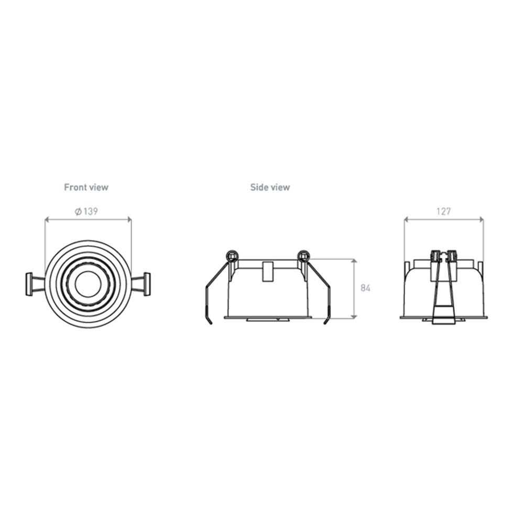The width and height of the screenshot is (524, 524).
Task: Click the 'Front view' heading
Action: [x=86, y=187]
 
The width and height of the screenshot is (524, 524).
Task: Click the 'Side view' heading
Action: [x=270, y=187]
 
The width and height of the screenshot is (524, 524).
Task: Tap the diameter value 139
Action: [x=91, y=211]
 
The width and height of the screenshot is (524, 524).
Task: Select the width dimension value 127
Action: [x=443, y=211]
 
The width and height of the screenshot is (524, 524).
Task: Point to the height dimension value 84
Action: [x=365, y=288]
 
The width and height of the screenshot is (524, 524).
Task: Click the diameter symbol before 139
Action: [x=78, y=211]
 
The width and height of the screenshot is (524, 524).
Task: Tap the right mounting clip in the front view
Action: [x=141, y=284]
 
